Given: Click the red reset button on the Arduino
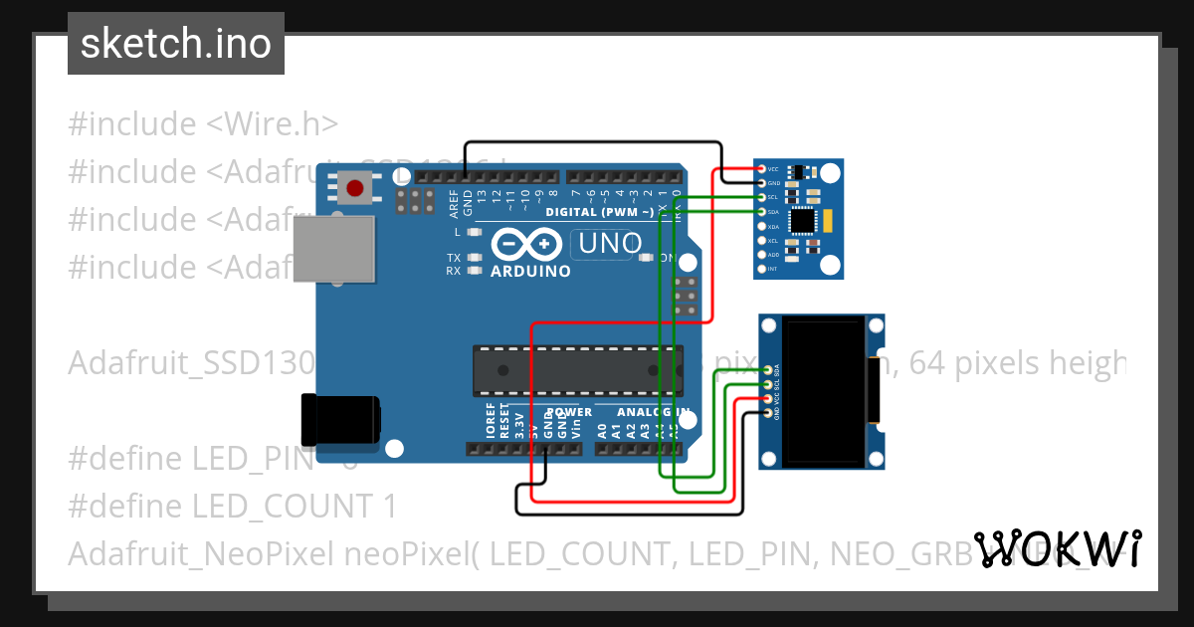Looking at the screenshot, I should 355,186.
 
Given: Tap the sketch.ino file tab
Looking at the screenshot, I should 176,44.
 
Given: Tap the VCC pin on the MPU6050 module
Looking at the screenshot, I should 761,169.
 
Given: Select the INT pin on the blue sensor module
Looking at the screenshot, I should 761,269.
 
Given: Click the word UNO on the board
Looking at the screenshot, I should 601,243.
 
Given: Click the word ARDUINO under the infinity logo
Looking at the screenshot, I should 530,271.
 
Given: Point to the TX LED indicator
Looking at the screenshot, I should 475,258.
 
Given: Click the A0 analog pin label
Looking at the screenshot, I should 602,430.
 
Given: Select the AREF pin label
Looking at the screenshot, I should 454,203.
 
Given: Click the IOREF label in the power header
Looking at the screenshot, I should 490,422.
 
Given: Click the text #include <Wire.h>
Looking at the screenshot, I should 203,124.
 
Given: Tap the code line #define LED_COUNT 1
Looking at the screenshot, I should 232,506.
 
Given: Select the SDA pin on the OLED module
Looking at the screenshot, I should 767,369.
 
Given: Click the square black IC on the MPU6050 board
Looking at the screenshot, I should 804,221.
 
